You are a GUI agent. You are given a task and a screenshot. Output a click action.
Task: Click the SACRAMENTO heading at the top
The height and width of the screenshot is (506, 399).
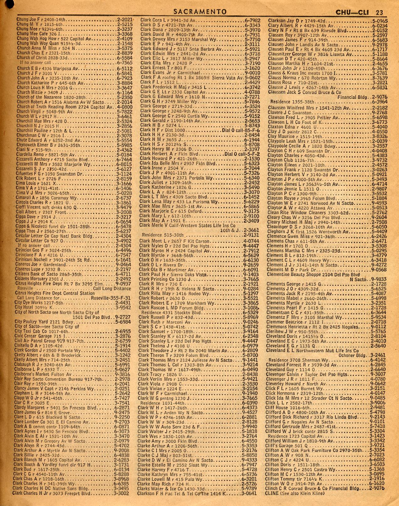[200, 12]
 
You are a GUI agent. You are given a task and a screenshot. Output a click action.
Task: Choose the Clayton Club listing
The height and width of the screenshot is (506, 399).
[279, 160]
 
